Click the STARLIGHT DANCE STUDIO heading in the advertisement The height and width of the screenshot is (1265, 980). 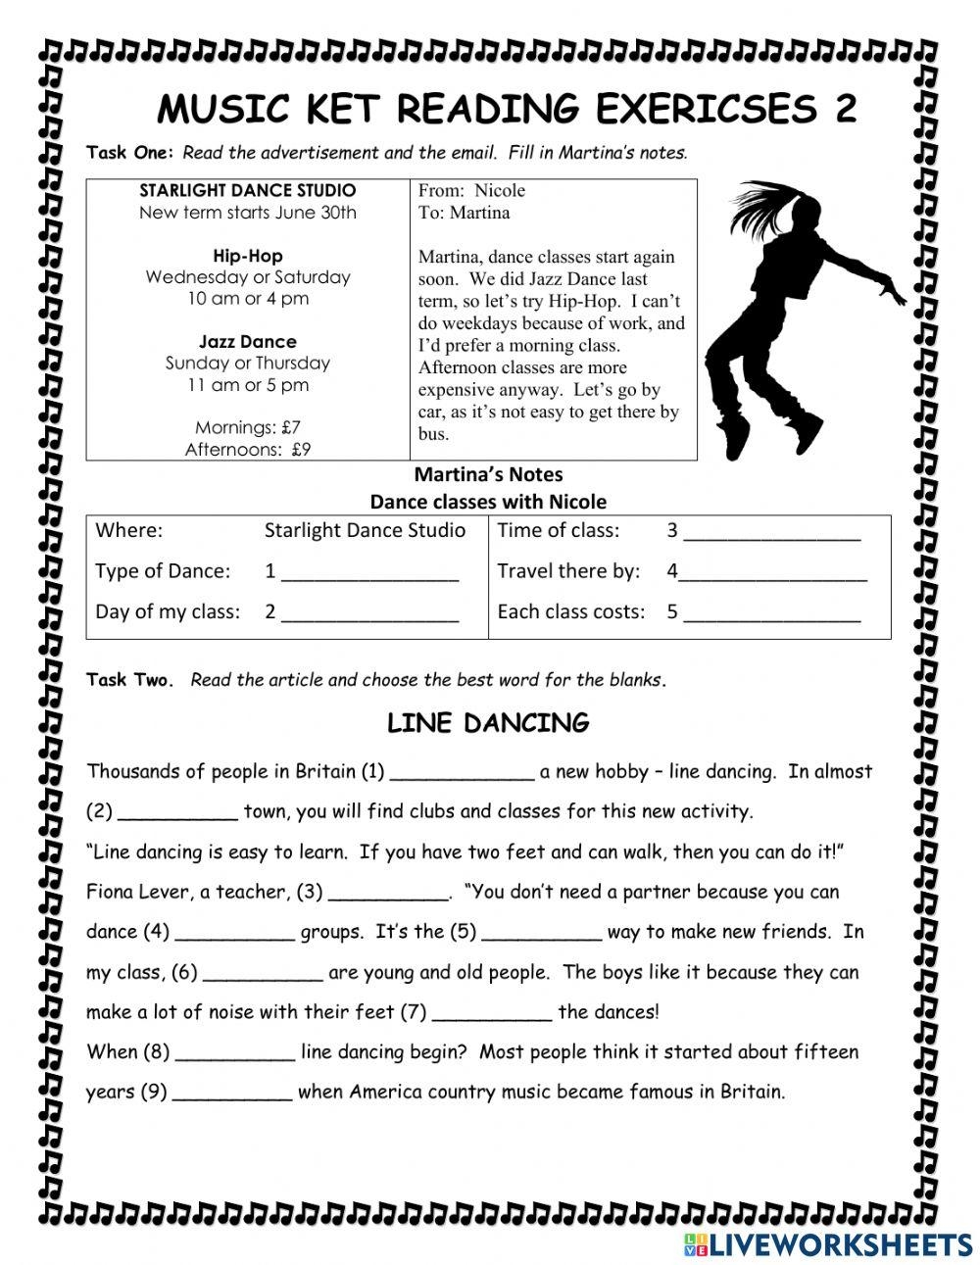coord(247,190)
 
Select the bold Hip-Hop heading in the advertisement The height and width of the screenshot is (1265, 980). coord(248,256)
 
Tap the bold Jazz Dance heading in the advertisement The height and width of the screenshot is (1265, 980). coord(247,341)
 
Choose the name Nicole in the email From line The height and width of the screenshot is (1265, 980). coord(500,190)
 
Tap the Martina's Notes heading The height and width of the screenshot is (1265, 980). coord(488,474)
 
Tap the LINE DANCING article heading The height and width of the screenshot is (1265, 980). coord(488,723)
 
